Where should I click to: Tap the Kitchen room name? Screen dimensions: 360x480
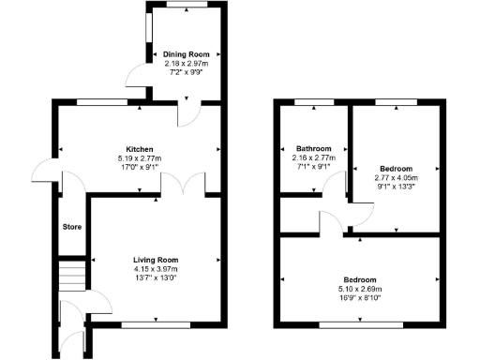pyautogui.click(x=139, y=148)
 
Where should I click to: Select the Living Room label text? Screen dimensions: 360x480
pyautogui.click(x=156, y=260)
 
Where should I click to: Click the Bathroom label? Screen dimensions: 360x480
pyautogui.click(x=312, y=149)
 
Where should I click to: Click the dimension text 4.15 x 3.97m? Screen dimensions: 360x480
pyautogui.click(x=156, y=270)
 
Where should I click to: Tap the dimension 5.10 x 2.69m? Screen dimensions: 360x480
pyautogui.click(x=360, y=290)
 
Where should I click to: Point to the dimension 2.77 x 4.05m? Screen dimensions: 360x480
pyautogui.click(x=395, y=176)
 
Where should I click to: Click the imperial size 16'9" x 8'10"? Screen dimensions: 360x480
pyautogui.click(x=360, y=299)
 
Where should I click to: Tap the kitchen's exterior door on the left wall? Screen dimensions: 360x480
pyautogui.click(x=43, y=172)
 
